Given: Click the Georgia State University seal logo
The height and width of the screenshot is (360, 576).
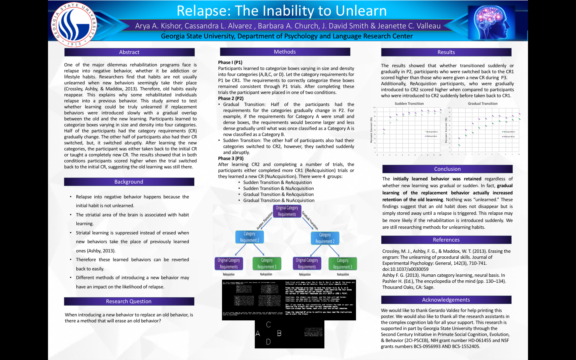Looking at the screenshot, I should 74,24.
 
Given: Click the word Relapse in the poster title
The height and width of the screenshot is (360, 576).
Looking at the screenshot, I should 202,11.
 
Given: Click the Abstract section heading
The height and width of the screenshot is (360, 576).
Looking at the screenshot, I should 129,52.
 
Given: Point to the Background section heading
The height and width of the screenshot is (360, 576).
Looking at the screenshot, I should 129,182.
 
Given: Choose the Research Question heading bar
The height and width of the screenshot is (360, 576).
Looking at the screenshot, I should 129,302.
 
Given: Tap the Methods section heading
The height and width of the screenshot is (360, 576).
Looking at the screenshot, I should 285,52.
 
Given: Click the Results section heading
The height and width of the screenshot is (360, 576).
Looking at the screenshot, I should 446,52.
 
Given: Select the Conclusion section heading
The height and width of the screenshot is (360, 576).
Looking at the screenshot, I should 447,169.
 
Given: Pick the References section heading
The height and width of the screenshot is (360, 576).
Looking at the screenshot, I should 446,240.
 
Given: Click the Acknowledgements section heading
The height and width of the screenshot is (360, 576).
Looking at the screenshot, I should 446,300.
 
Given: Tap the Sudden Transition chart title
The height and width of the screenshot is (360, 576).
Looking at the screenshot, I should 409,104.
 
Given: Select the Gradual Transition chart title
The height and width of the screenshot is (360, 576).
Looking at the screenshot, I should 482,104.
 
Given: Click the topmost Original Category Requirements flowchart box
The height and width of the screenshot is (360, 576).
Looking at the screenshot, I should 287,211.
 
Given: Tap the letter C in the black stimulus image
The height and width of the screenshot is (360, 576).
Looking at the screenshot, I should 268,325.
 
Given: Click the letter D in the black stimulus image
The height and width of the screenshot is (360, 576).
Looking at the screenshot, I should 268,342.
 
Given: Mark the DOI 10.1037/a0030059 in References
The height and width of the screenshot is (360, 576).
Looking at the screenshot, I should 405,269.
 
